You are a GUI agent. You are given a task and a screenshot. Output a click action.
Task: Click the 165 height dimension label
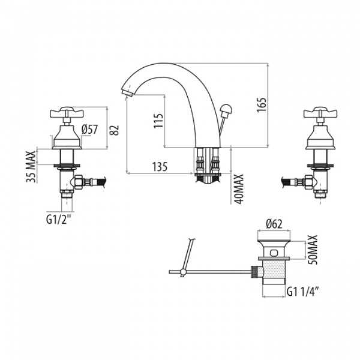(x=262, y=105)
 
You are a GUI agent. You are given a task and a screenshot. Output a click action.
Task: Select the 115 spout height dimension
(x=158, y=121)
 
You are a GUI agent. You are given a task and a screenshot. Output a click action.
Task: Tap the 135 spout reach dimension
(x=160, y=166)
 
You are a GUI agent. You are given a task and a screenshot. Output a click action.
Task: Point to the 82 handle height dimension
(x=114, y=130)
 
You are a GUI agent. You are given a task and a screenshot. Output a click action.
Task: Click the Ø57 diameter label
(x=90, y=130)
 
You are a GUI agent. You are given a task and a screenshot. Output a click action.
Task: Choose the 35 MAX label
(x=31, y=167)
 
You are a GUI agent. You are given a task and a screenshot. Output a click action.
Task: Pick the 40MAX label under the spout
(x=239, y=189)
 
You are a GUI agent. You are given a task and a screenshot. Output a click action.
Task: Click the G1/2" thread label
(x=58, y=220)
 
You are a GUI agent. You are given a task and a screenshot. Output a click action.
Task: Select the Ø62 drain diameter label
(x=274, y=224)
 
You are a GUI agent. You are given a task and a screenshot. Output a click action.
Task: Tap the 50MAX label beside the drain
(x=313, y=250)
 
